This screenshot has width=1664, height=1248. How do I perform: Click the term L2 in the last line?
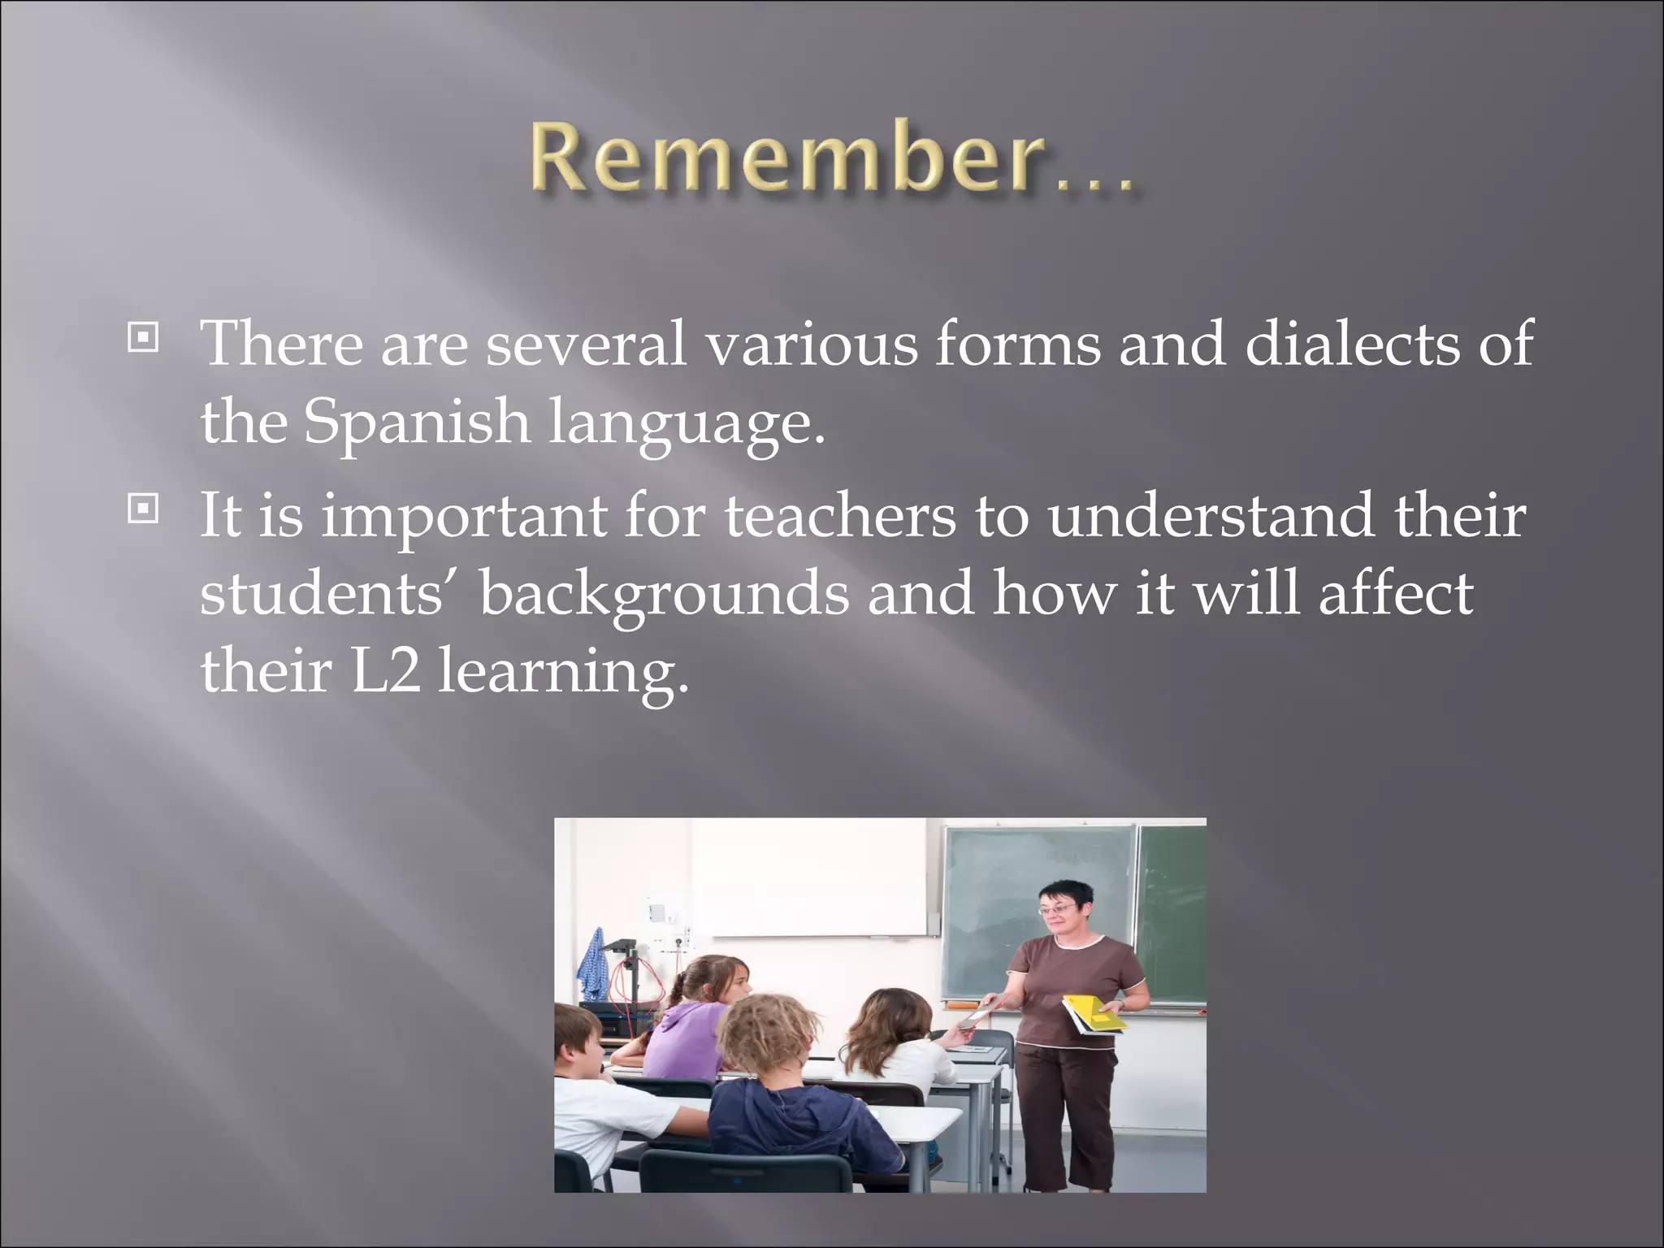[385, 674]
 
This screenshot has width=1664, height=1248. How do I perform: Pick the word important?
[463, 518]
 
